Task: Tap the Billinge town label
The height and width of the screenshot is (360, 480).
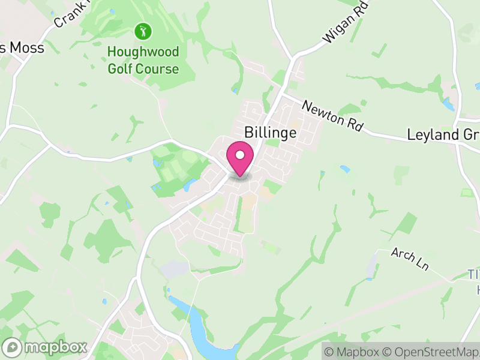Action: pyautogui.click(x=270, y=132)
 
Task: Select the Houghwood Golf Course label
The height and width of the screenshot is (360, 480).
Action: pyautogui.click(x=143, y=61)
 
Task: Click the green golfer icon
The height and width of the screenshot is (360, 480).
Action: pyautogui.click(x=143, y=31)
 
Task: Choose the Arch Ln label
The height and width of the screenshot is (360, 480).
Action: pyautogui.click(x=409, y=258)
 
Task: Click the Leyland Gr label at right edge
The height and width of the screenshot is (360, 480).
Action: pyautogui.click(x=443, y=134)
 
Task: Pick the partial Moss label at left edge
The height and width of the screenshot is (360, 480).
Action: pyautogui.click(x=23, y=48)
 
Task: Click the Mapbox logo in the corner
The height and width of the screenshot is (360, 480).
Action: pyautogui.click(x=46, y=347)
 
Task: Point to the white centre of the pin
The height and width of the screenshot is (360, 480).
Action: pyautogui.click(x=240, y=155)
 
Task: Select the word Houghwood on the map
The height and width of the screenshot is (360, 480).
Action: pyautogui.click(x=143, y=52)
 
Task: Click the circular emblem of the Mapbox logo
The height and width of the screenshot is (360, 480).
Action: pyautogui.click(x=13, y=347)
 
